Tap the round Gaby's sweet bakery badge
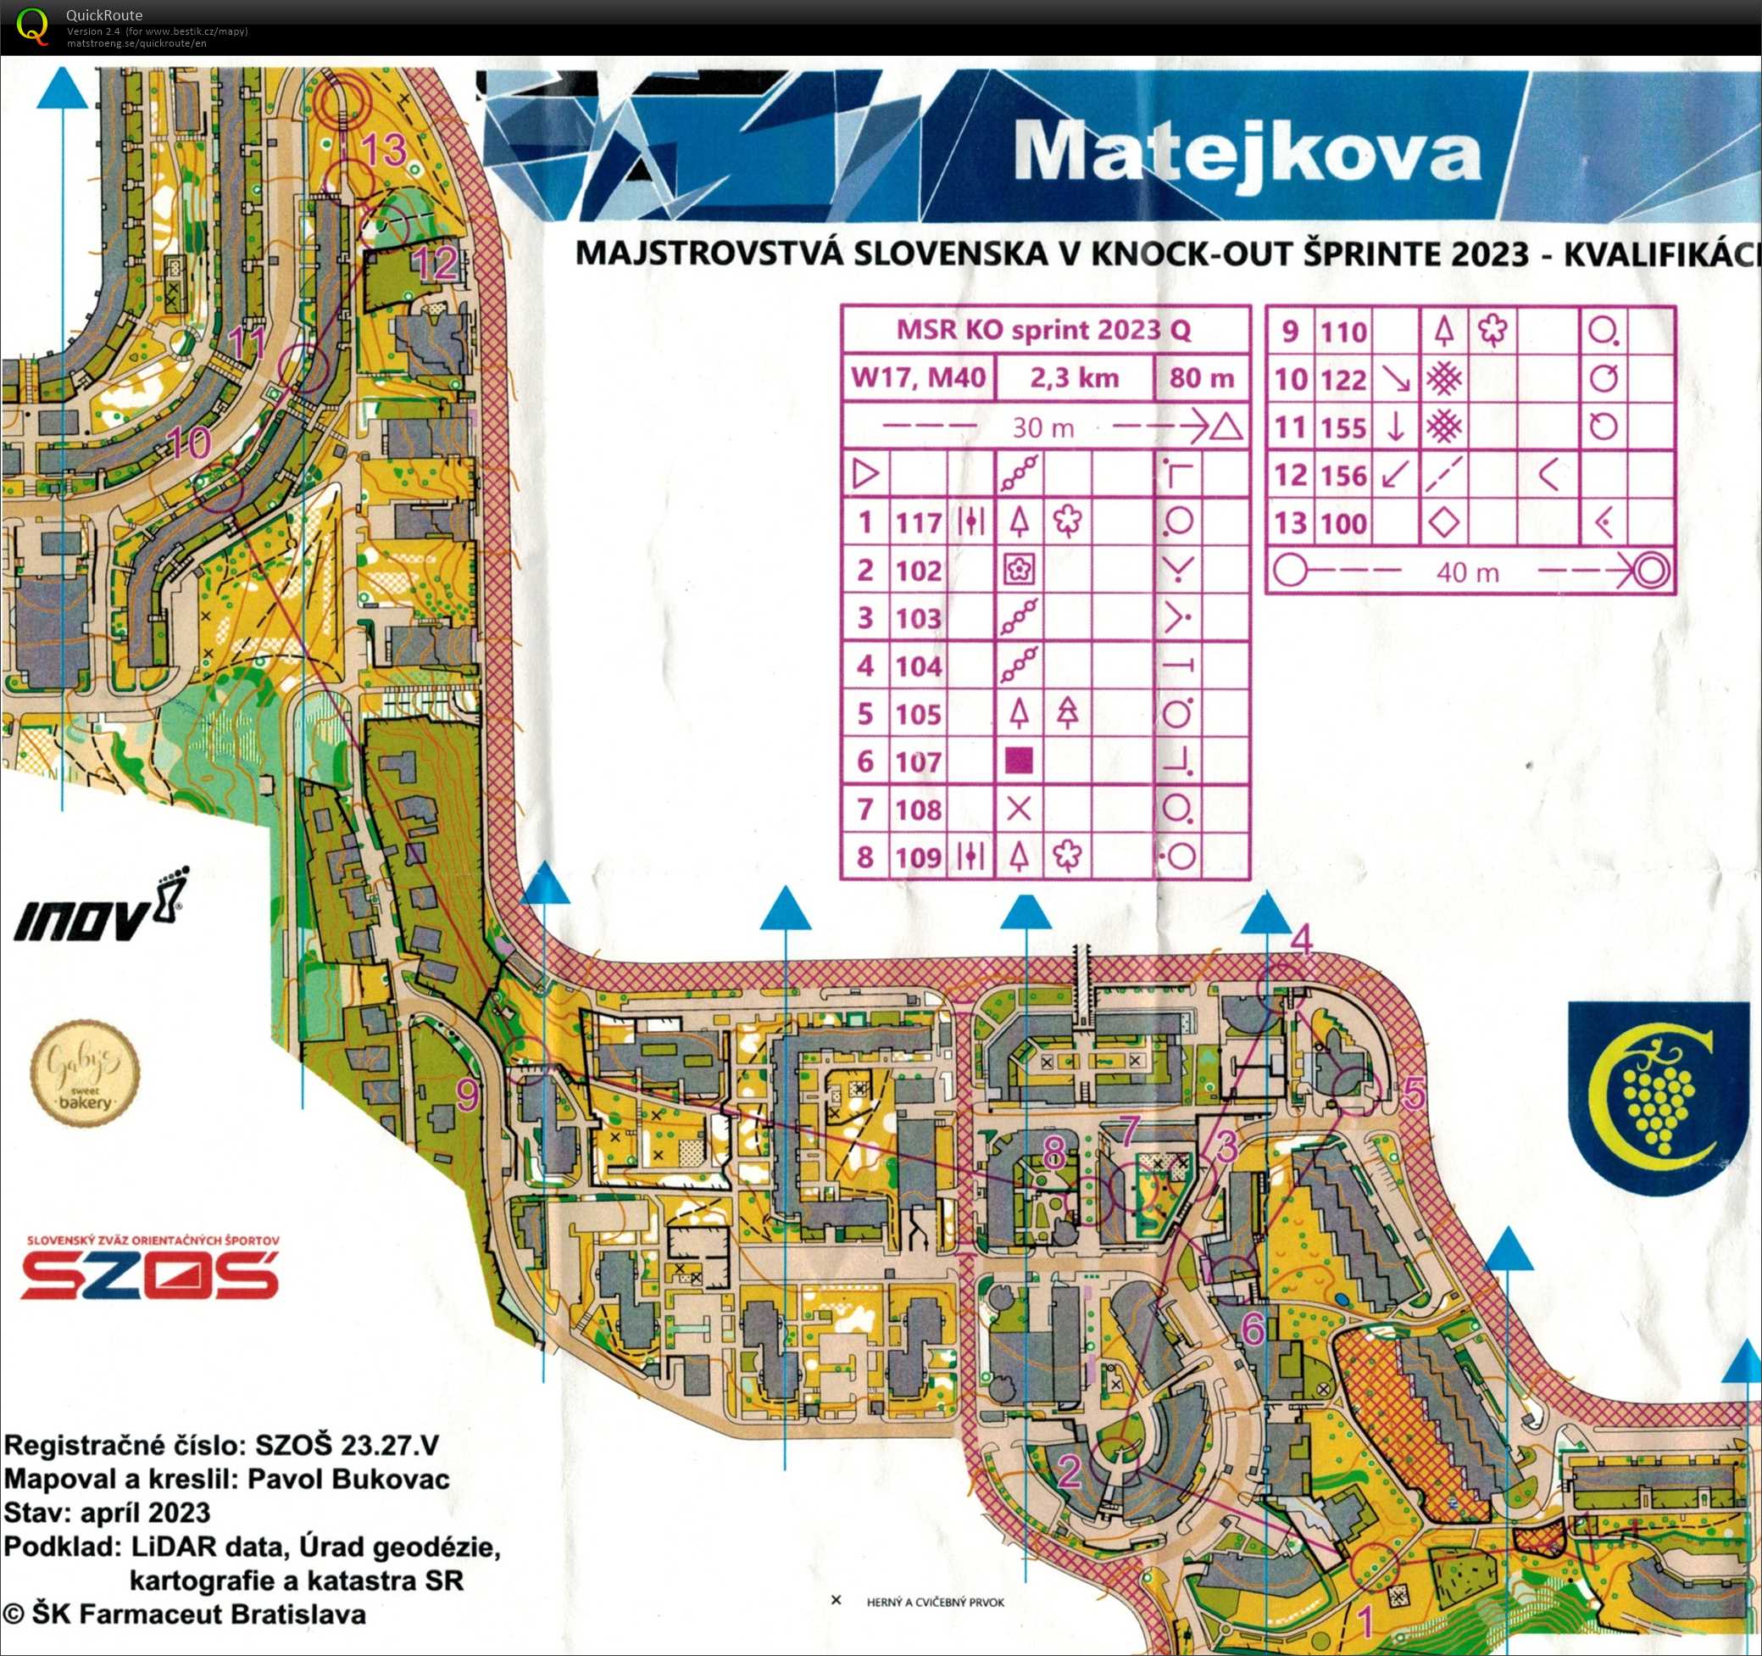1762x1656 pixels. (x=85, y=1073)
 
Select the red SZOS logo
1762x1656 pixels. (x=149, y=1274)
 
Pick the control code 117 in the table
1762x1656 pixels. (x=918, y=522)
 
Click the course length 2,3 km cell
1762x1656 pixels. (x=1074, y=378)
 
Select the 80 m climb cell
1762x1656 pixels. (x=1201, y=378)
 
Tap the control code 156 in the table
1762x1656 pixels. (x=1343, y=475)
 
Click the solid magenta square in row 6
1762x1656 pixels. (x=1020, y=761)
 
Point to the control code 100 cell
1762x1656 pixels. (x=1343, y=523)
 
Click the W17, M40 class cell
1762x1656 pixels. (x=918, y=378)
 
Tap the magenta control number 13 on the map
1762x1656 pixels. (x=384, y=149)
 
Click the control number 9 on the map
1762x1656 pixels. (x=467, y=1095)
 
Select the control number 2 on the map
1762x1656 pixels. (x=1070, y=1472)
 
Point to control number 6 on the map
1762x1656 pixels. (x=1253, y=1328)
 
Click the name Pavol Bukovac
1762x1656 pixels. (x=348, y=1479)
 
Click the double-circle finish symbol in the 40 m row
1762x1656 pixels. (x=1650, y=571)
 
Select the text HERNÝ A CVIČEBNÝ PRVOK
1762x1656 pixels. (x=935, y=1602)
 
